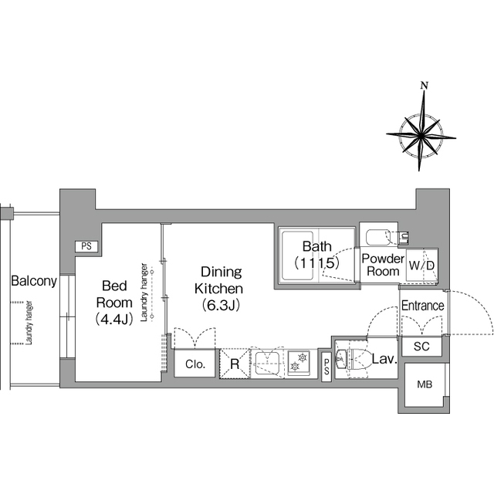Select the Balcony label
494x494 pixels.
point(33,282)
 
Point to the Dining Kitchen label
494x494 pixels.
point(222,280)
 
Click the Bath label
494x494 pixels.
point(316,247)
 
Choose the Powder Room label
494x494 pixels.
point(382,265)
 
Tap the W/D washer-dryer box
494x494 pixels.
point(421,266)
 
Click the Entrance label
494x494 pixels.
point(422,306)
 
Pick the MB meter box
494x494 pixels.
point(425,384)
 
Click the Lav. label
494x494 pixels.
point(384,358)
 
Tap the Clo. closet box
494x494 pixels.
point(195,364)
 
